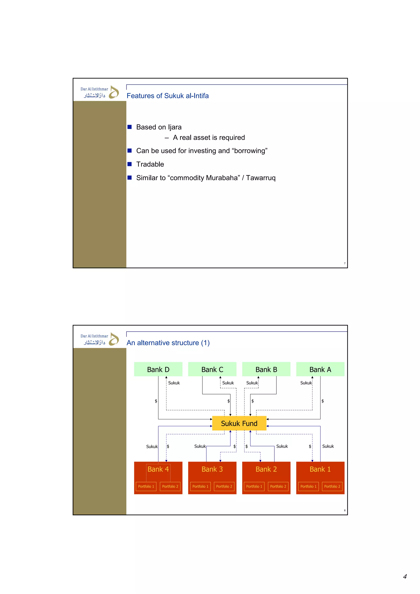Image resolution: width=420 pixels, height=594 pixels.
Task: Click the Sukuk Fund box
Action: click(x=239, y=423)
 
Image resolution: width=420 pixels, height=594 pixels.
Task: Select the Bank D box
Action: click(x=158, y=369)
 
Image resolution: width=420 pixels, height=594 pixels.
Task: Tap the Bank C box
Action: click(x=212, y=369)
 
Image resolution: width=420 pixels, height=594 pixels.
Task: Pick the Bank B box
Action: click(x=266, y=369)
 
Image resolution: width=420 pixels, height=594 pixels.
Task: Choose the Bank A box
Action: click(x=320, y=369)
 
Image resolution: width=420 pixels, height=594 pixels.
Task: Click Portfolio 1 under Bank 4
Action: click(x=146, y=486)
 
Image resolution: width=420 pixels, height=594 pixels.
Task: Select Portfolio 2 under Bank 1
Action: click(x=332, y=486)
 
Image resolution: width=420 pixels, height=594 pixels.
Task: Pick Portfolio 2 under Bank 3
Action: click(x=224, y=486)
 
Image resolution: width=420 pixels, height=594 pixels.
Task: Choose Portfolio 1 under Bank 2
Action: click(x=254, y=486)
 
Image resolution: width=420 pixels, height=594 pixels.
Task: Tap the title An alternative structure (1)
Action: click(x=168, y=343)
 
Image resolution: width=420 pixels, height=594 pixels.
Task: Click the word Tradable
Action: click(x=150, y=164)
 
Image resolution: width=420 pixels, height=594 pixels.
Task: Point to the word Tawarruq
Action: click(x=261, y=178)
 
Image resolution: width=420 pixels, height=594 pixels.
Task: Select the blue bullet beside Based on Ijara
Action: click(x=130, y=127)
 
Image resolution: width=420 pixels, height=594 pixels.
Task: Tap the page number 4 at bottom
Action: click(x=405, y=576)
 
